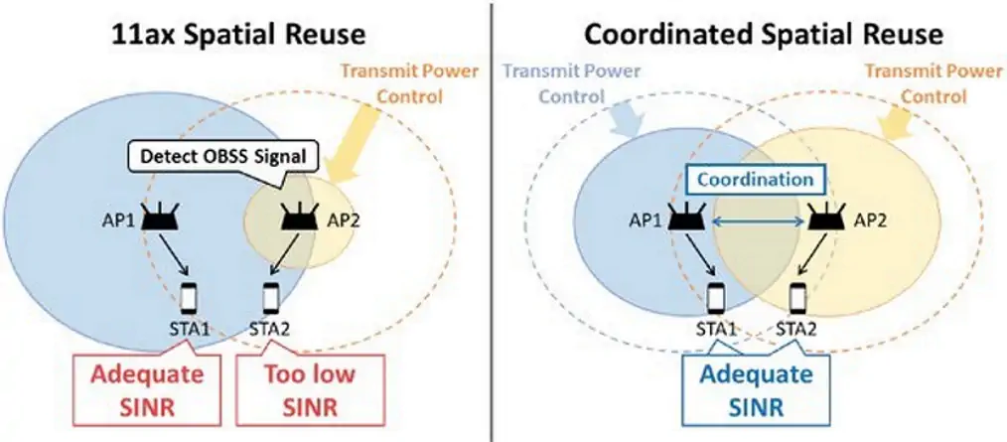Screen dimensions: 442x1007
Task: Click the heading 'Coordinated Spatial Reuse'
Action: pyautogui.click(x=762, y=35)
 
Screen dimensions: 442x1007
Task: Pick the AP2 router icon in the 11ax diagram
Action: pyautogui.click(x=293, y=219)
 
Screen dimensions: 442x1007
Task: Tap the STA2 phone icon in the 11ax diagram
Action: pyautogui.click(x=271, y=295)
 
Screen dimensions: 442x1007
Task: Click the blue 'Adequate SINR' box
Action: pyautogui.click(x=755, y=390)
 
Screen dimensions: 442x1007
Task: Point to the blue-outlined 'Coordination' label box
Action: pyautogui.click(x=757, y=181)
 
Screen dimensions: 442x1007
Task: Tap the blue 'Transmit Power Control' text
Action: pyautogui.click(x=572, y=84)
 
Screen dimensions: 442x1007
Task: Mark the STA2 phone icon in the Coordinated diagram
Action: pyautogui.click(x=796, y=295)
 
